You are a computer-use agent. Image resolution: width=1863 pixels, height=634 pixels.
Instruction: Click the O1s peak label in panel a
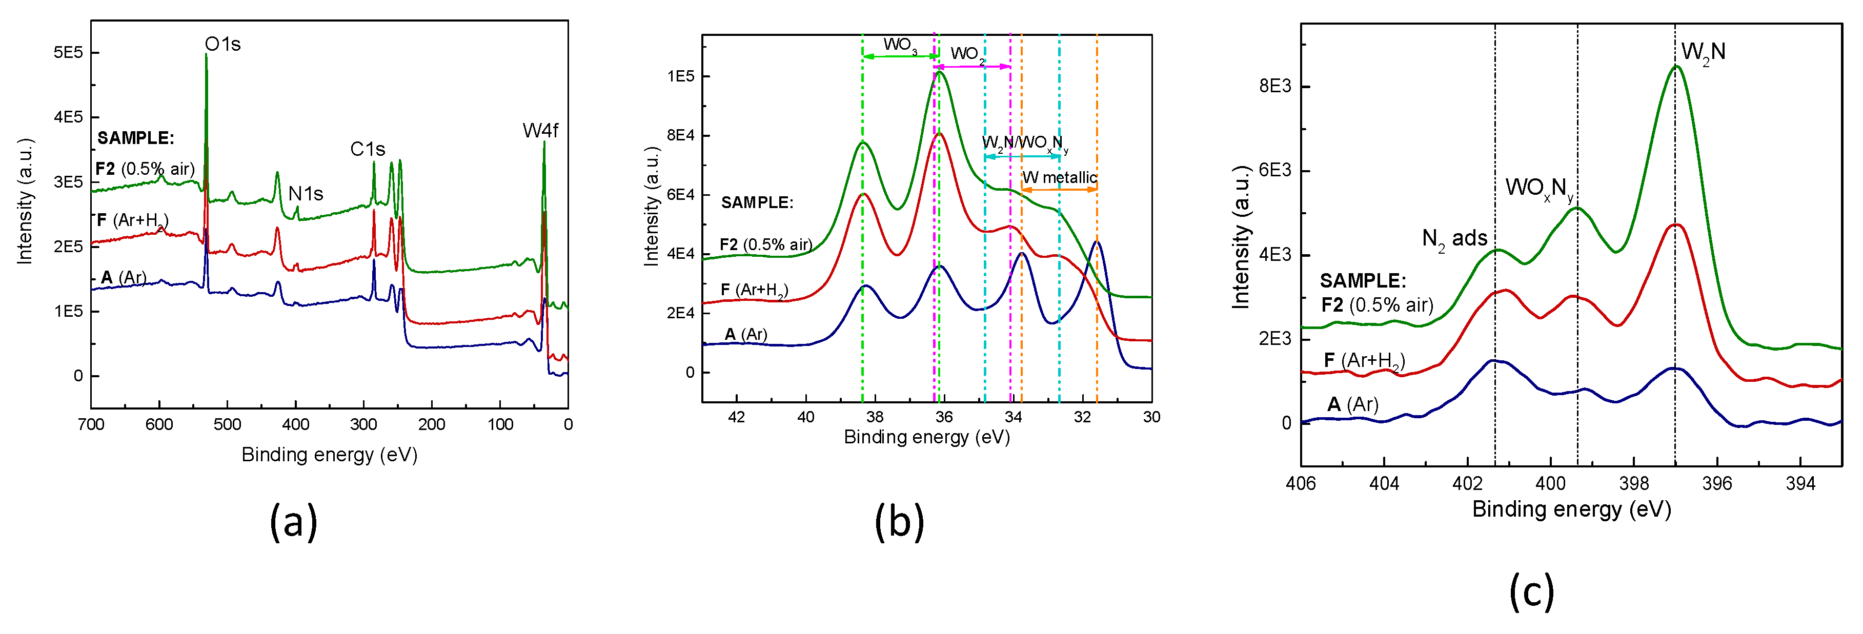click(x=222, y=44)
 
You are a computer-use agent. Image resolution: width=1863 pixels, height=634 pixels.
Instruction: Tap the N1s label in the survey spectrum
click(x=305, y=194)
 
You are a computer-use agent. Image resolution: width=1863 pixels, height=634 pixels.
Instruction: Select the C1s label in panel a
click(x=368, y=149)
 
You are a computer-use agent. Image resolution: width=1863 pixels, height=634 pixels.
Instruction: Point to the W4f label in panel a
click(x=540, y=130)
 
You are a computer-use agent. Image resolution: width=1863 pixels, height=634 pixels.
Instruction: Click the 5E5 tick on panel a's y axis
click(x=68, y=52)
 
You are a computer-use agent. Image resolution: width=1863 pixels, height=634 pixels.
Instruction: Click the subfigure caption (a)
click(x=293, y=521)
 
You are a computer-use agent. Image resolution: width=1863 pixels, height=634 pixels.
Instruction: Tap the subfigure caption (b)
click(x=899, y=521)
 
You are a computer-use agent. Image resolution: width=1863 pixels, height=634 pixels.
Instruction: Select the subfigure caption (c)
click(x=1531, y=592)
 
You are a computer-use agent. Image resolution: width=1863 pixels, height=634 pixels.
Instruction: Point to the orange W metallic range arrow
click(x=1059, y=190)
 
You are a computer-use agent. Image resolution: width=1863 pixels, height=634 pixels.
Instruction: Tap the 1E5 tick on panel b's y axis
click(x=680, y=76)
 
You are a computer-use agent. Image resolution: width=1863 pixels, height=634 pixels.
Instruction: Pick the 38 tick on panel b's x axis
click(x=875, y=417)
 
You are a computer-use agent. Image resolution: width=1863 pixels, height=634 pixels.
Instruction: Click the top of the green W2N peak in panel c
click(x=1676, y=67)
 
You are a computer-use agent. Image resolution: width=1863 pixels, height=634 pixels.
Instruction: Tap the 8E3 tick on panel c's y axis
click(x=1274, y=86)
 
